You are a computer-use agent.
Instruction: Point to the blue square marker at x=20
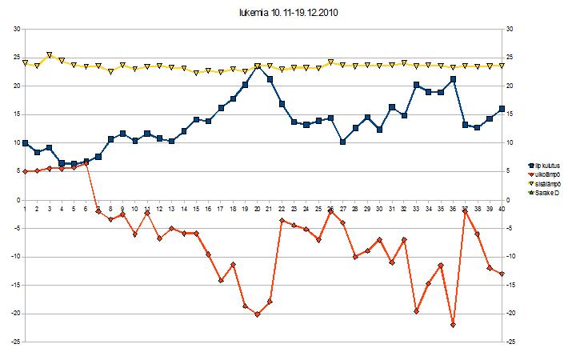257,66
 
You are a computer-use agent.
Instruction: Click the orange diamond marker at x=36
453,325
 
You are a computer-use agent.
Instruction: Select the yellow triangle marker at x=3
50,55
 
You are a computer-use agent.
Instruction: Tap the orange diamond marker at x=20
257,314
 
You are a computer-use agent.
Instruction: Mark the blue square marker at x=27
342,142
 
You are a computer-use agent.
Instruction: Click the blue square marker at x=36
453,79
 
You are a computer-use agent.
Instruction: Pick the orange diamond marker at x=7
98,211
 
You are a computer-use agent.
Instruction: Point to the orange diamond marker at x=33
416,311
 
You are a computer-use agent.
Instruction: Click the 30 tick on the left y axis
15,29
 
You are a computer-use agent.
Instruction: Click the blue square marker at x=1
26,142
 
